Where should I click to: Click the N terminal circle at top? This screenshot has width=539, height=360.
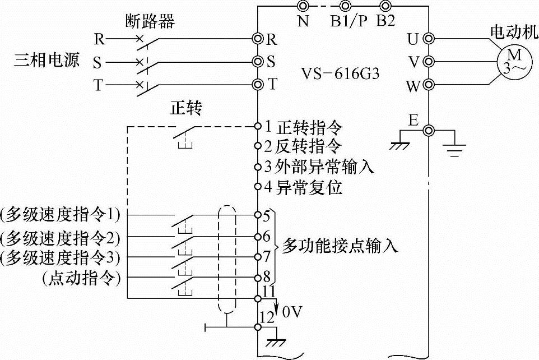[303, 6]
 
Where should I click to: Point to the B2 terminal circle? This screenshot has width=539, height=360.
[385, 6]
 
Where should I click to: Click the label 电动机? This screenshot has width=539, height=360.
[509, 31]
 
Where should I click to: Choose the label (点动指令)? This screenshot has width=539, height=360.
[81, 278]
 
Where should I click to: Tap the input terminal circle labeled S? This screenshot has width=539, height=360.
[258, 61]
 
